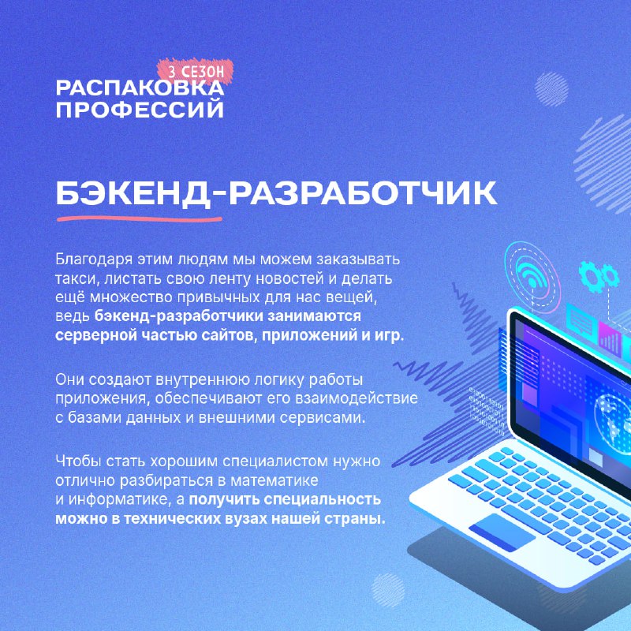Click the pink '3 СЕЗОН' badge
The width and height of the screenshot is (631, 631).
(x=195, y=70)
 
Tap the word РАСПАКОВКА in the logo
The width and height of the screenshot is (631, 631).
(x=140, y=88)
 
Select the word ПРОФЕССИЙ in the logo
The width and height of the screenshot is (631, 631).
(x=140, y=110)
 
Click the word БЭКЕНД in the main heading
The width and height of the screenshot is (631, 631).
(x=134, y=194)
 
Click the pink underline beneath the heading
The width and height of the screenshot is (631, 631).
(x=140, y=219)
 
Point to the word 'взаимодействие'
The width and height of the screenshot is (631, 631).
(x=357, y=399)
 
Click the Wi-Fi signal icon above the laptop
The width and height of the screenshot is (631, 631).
(x=532, y=274)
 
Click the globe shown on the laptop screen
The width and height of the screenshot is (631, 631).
(x=614, y=419)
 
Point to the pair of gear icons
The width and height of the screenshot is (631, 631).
(x=599, y=276)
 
